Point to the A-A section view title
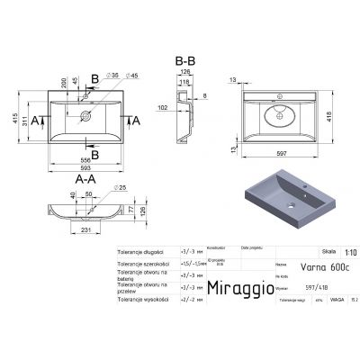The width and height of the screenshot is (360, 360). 85,178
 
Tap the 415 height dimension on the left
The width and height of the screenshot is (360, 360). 17,118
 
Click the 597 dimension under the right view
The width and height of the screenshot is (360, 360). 290,154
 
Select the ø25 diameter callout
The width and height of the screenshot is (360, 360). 117,186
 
